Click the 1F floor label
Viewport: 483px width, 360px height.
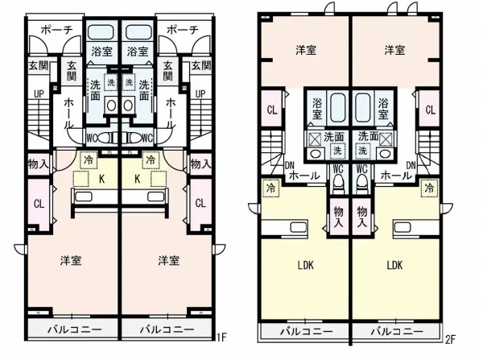(x=222, y=337)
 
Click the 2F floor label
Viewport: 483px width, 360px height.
(x=450, y=339)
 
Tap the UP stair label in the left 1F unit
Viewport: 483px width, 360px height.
(x=39, y=94)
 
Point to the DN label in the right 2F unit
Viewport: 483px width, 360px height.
(x=411, y=166)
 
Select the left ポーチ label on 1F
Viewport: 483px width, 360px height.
(x=56, y=30)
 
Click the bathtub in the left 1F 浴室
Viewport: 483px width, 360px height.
(x=101, y=32)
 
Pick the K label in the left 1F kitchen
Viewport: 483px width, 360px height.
(x=101, y=179)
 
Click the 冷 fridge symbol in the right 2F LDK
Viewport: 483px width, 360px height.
(x=429, y=188)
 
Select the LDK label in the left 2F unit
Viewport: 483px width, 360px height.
(x=306, y=265)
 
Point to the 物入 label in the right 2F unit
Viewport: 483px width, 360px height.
(x=362, y=217)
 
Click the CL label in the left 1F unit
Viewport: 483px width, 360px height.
(x=39, y=204)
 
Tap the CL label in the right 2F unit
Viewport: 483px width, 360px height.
(x=431, y=110)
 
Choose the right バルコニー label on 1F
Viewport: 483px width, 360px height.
(x=167, y=329)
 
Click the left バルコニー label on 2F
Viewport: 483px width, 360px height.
(x=307, y=332)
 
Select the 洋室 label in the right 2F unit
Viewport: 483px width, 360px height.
(x=394, y=50)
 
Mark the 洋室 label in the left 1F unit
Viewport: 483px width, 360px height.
(x=71, y=261)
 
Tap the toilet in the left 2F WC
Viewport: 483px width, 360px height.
(x=338, y=184)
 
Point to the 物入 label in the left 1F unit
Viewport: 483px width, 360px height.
(x=39, y=164)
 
